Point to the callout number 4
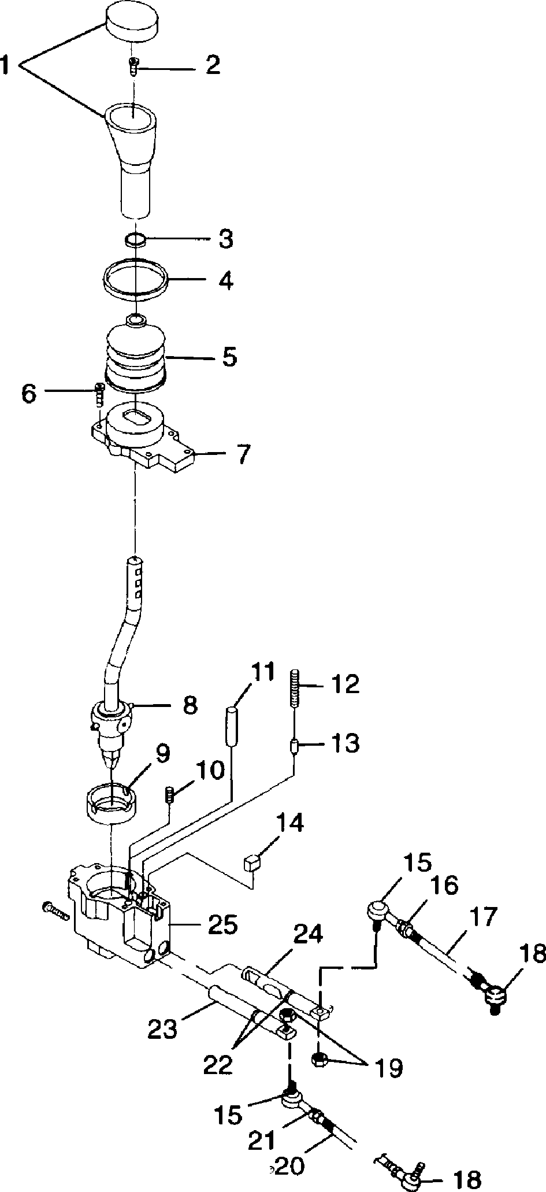click(224, 281)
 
